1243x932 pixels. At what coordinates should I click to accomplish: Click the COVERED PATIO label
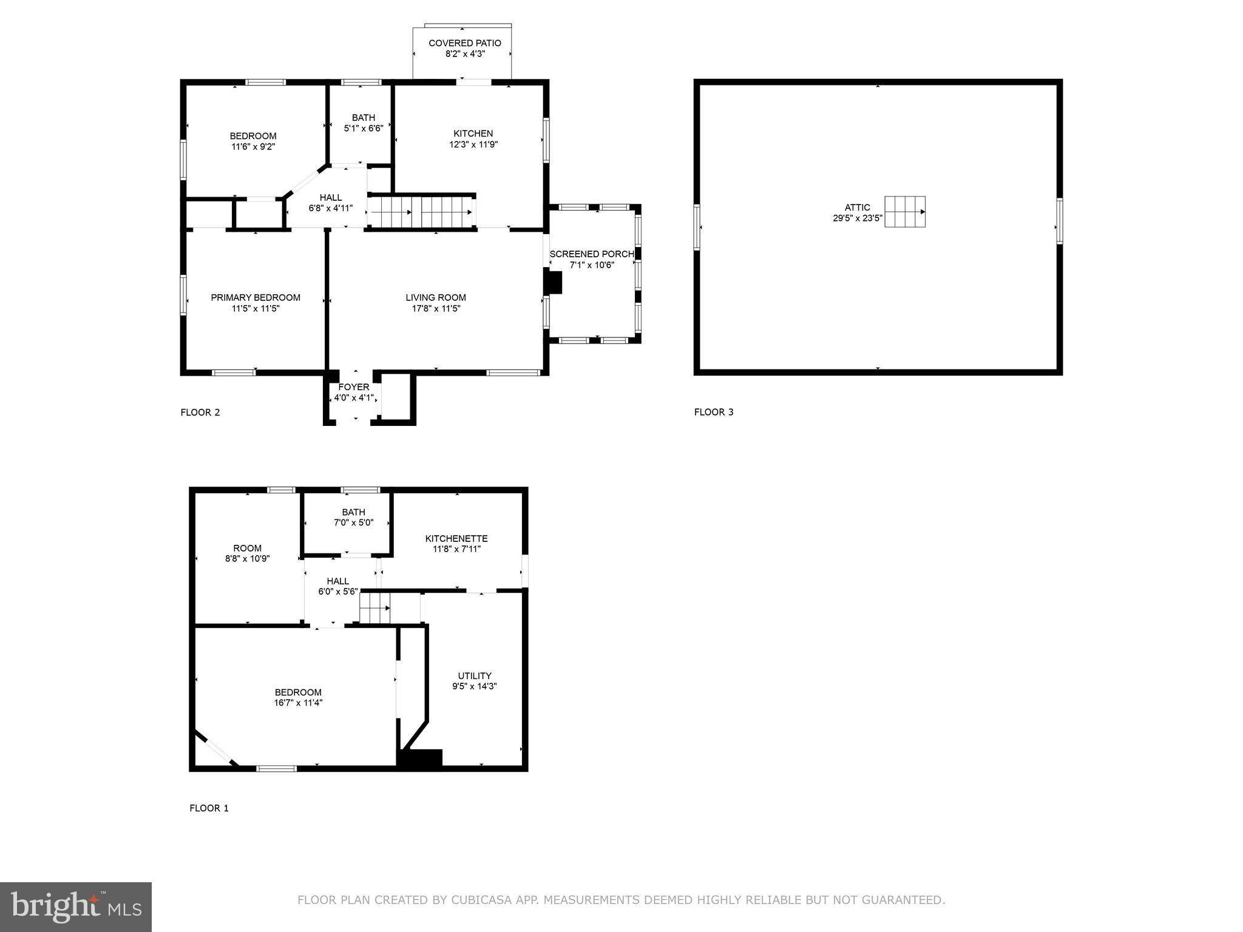tap(465, 43)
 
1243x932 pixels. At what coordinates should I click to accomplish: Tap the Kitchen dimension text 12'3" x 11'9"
tap(473, 144)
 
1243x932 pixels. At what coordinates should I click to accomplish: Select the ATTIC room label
tap(857, 208)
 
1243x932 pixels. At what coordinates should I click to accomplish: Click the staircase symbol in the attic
tap(904, 212)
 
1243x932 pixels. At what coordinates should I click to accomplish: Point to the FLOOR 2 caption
tap(200, 413)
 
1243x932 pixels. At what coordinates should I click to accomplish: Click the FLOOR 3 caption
tap(714, 412)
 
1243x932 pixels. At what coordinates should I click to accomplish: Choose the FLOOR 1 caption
tap(209, 808)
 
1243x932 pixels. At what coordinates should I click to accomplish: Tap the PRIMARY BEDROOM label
tap(256, 297)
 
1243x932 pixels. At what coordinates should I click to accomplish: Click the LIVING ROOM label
tap(436, 297)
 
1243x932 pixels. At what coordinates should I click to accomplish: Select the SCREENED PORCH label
tap(592, 254)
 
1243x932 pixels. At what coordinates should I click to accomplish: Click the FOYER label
tap(354, 387)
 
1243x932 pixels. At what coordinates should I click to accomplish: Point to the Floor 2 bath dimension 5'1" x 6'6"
tap(364, 128)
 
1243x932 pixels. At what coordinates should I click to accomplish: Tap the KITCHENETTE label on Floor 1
tap(456, 538)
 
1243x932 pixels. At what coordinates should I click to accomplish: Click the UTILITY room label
tap(475, 676)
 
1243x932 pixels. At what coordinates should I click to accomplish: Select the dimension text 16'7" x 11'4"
tap(298, 703)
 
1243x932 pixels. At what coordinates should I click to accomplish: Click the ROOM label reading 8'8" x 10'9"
tap(247, 549)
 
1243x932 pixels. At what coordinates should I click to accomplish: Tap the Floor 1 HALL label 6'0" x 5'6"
tap(338, 581)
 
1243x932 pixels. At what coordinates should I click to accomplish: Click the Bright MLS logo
tap(76, 907)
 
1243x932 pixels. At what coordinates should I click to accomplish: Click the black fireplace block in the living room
tap(554, 283)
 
